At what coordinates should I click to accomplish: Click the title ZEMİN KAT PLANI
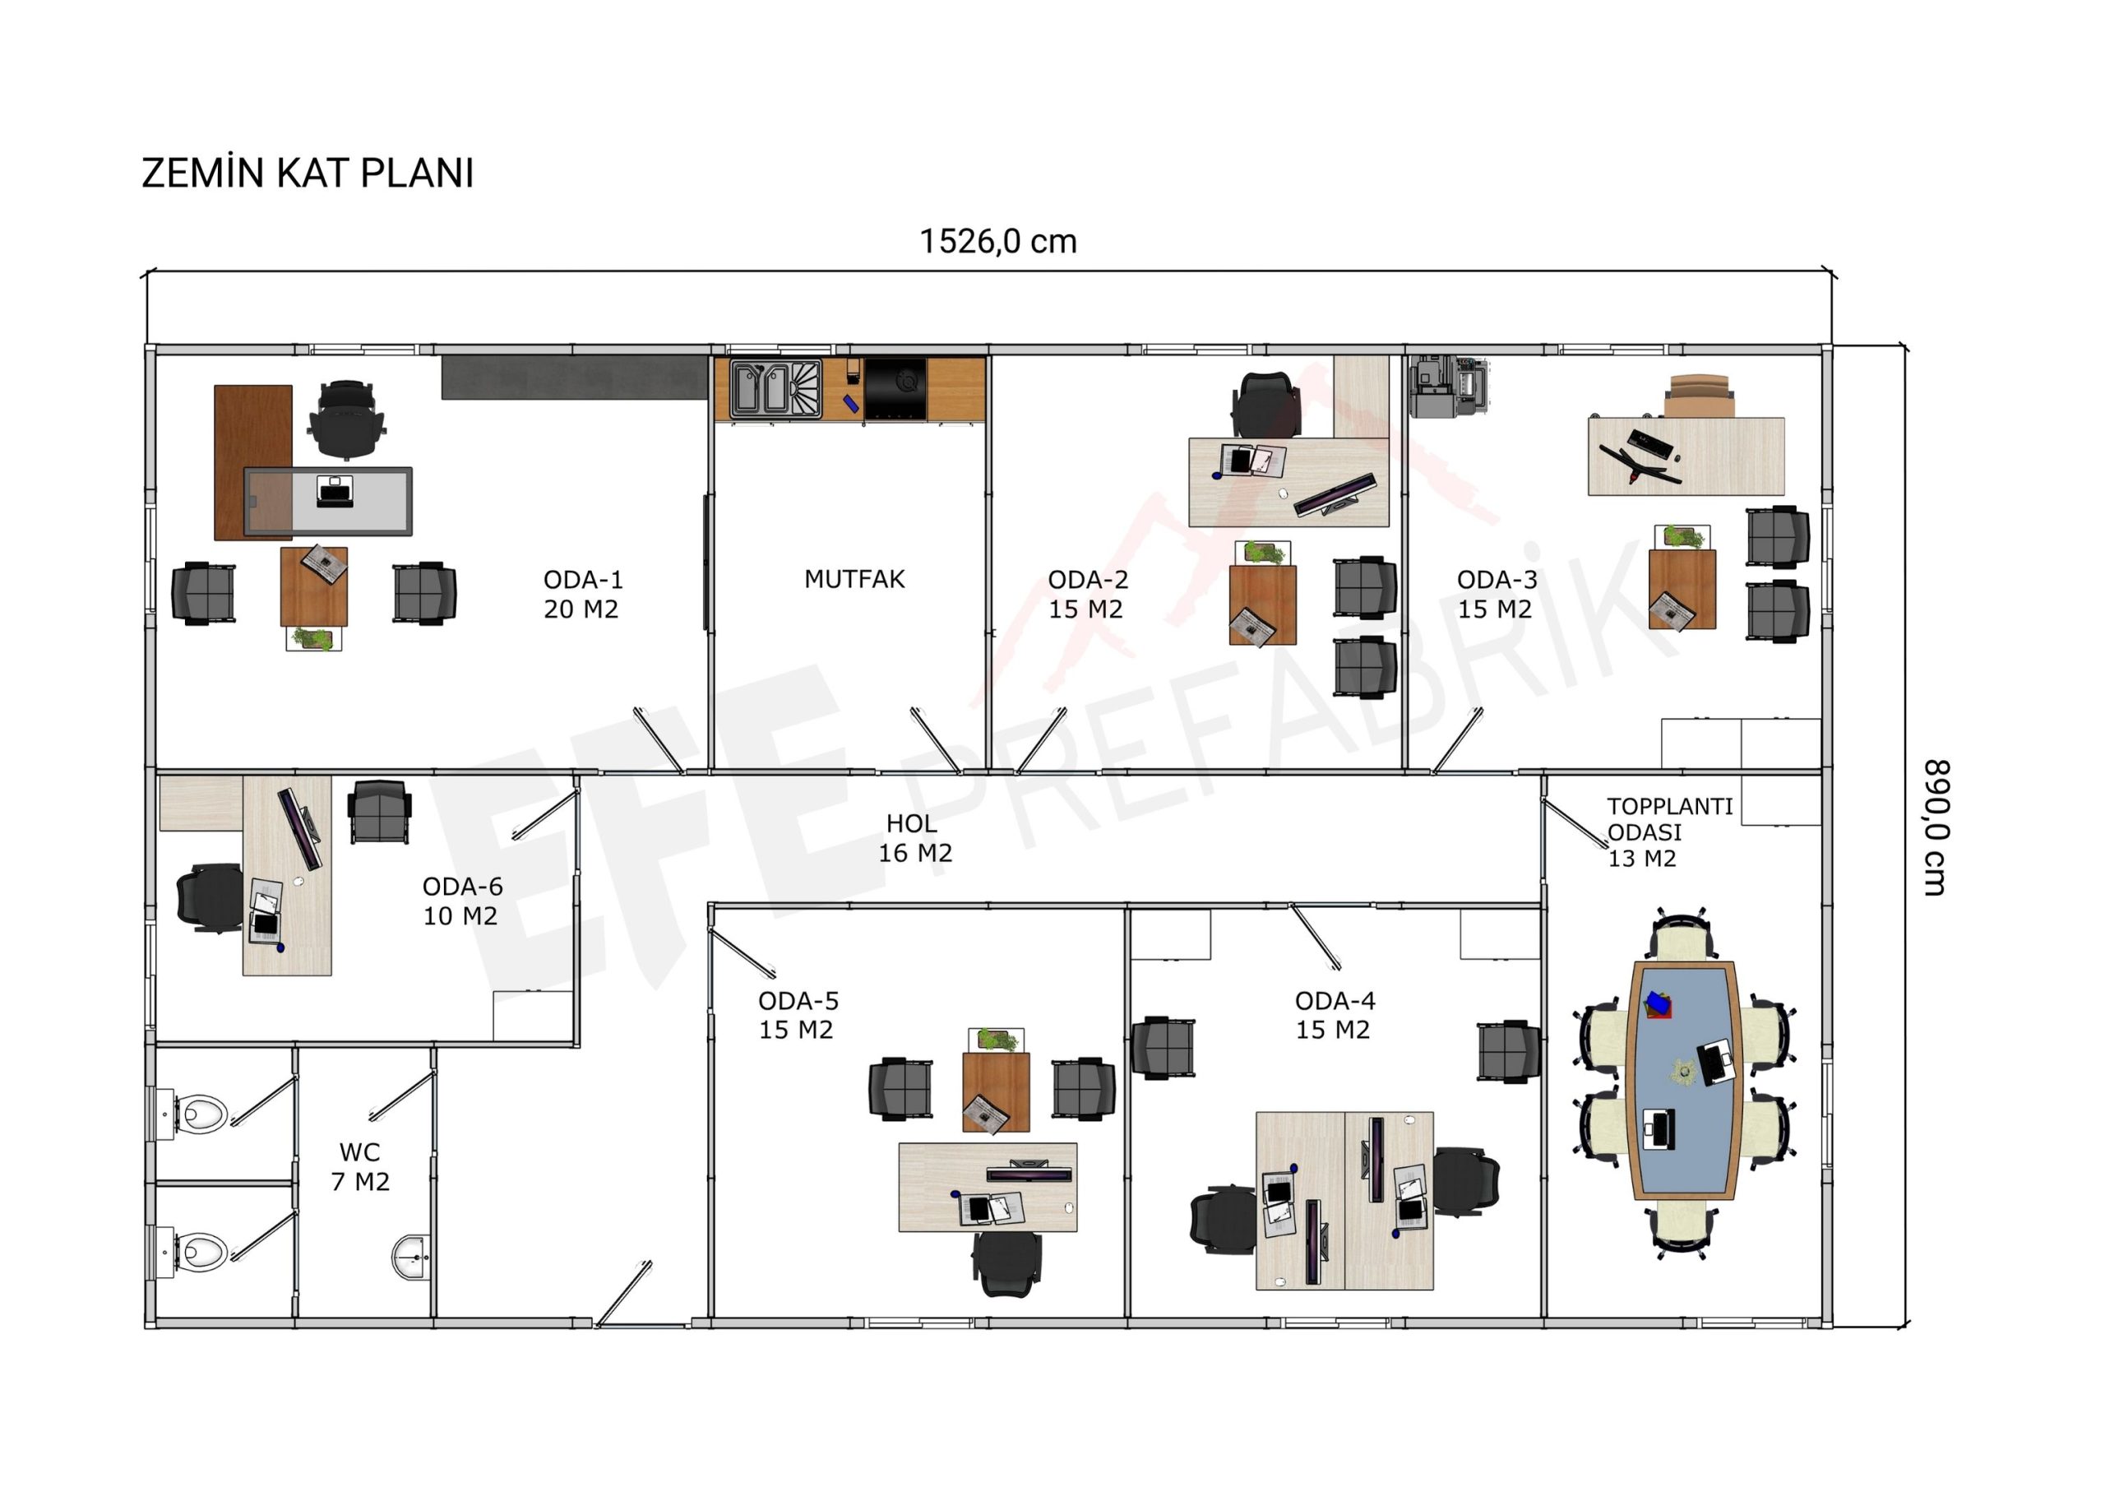[x=308, y=174]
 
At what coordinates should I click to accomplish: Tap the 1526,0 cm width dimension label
[x=997, y=241]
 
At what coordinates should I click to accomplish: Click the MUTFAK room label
[x=854, y=579]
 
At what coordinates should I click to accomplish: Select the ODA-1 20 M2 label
[x=582, y=594]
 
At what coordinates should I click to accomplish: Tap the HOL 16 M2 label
[x=914, y=838]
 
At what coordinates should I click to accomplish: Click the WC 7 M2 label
[x=359, y=1166]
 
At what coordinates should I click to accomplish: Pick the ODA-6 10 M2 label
[x=461, y=901]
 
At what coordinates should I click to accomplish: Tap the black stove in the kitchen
[x=895, y=389]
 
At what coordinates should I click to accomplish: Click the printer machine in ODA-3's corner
[x=1448, y=386]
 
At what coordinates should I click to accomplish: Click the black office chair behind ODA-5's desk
[x=1006, y=1263]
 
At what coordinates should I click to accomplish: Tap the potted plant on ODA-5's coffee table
[x=997, y=1040]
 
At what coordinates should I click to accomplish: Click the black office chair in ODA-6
[x=210, y=897]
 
